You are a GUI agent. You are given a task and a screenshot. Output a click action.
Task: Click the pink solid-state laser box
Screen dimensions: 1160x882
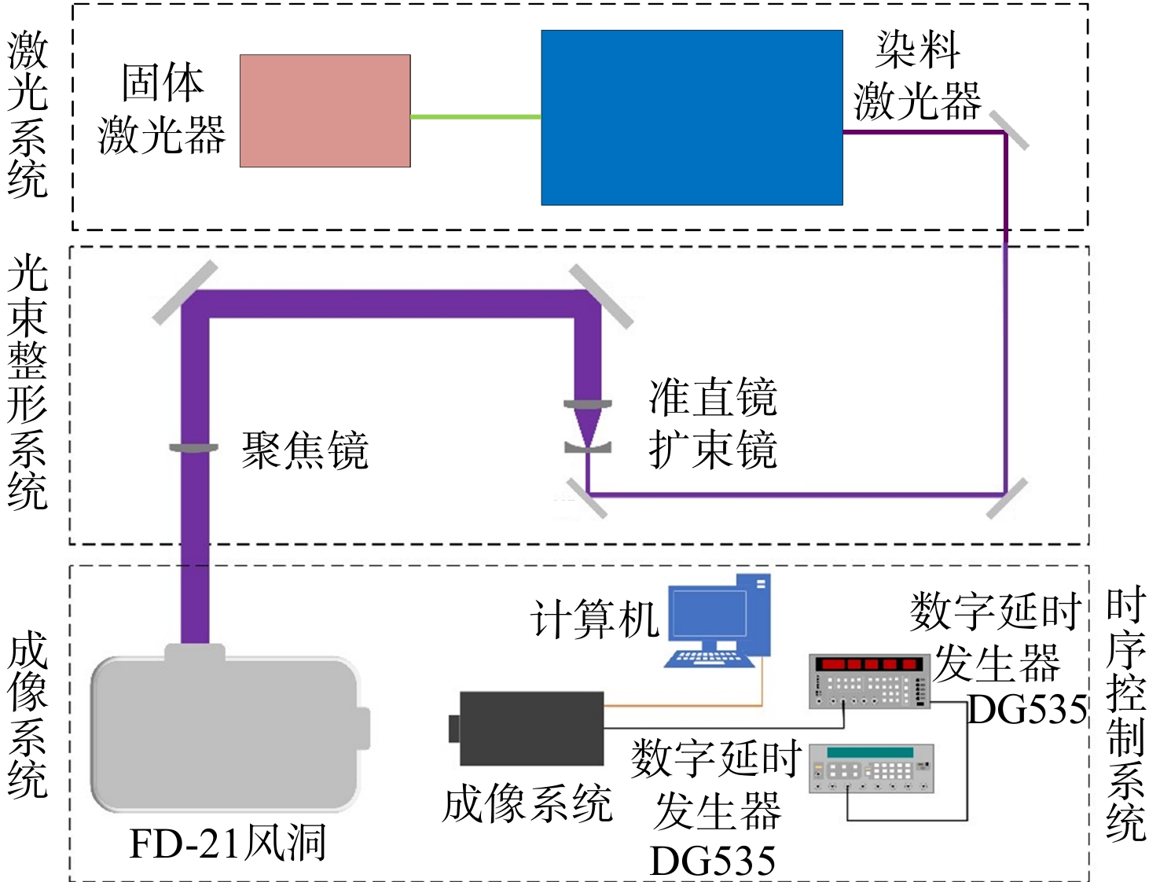pyautogui.click(x=325, y=111)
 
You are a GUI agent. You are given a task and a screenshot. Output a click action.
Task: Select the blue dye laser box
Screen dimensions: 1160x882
pyautogui.click(x=692, y=117)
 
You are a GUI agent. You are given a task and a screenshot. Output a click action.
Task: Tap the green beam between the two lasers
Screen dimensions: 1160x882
pyautogui.click(x=475, y=117)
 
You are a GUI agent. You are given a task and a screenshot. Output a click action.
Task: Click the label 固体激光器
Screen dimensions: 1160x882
pyautogui.click(x=162, y=109)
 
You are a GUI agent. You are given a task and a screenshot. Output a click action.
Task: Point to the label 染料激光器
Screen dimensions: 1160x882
pyautogui.click(x=918, y=75)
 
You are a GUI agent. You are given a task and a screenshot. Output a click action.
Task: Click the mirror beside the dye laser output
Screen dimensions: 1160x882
pyautogui.click(x=1008, y=130)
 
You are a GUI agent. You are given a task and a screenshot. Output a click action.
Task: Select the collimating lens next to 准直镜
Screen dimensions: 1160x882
pyautogui.click(x=588, y=404)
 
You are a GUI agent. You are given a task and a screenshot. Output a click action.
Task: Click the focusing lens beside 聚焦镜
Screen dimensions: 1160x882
pyautogui.click(x=193, y=448)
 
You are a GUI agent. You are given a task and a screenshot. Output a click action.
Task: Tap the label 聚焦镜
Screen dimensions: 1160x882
pyautogui.click(x=305, y=450)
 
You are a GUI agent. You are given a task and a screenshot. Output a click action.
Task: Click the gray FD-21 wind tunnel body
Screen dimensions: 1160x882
pyautogui.click(x=227, y=732)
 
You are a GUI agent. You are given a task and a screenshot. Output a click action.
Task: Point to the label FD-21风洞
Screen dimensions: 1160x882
pyautogui.click(x=228, y=844)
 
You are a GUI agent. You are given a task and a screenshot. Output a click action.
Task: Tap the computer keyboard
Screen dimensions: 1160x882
pyautogui.click(x=709, y=659)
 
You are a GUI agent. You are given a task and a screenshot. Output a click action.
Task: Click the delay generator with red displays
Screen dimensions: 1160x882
pyautogui.click(x=869, y=682)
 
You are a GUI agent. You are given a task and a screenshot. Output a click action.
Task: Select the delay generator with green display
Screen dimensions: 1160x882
pyautogui.click(x=872, y=769)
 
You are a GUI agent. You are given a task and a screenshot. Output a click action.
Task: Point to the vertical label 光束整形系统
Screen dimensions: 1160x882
pyautogui.click(x=28, y=381)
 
